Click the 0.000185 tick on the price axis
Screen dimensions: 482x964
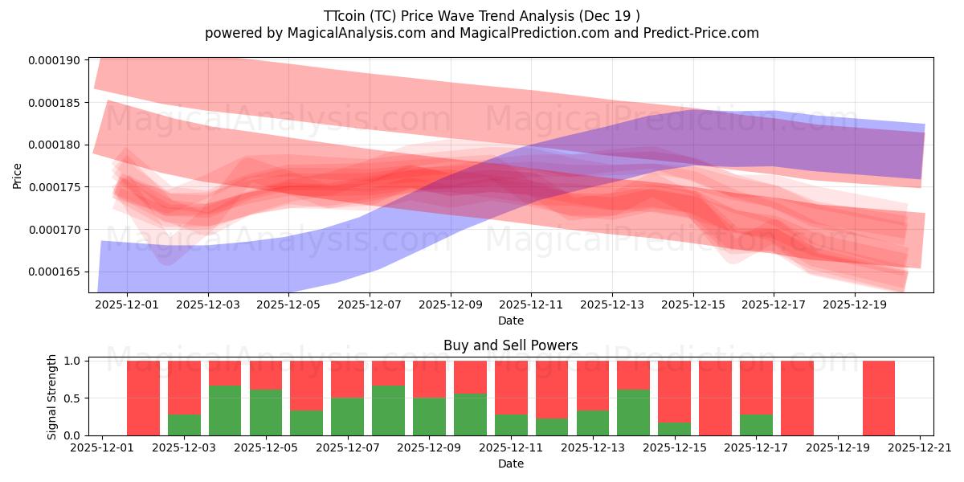point(55,103)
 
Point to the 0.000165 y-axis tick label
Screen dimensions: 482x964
point(55,272)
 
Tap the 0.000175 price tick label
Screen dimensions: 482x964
point(55,187)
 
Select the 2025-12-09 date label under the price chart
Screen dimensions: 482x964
point(450,305)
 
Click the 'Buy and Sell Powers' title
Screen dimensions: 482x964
point(510,345)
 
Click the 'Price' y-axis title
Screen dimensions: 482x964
point(18,176)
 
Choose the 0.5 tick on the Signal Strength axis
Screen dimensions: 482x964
point(71,398)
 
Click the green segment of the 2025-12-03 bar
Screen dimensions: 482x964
point(184,425)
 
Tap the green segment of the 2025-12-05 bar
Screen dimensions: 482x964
point(266,412)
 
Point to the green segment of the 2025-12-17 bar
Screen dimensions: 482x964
point(756,425)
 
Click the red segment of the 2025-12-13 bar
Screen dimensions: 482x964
point(593,386)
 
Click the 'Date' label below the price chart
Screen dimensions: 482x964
point(510,321)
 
